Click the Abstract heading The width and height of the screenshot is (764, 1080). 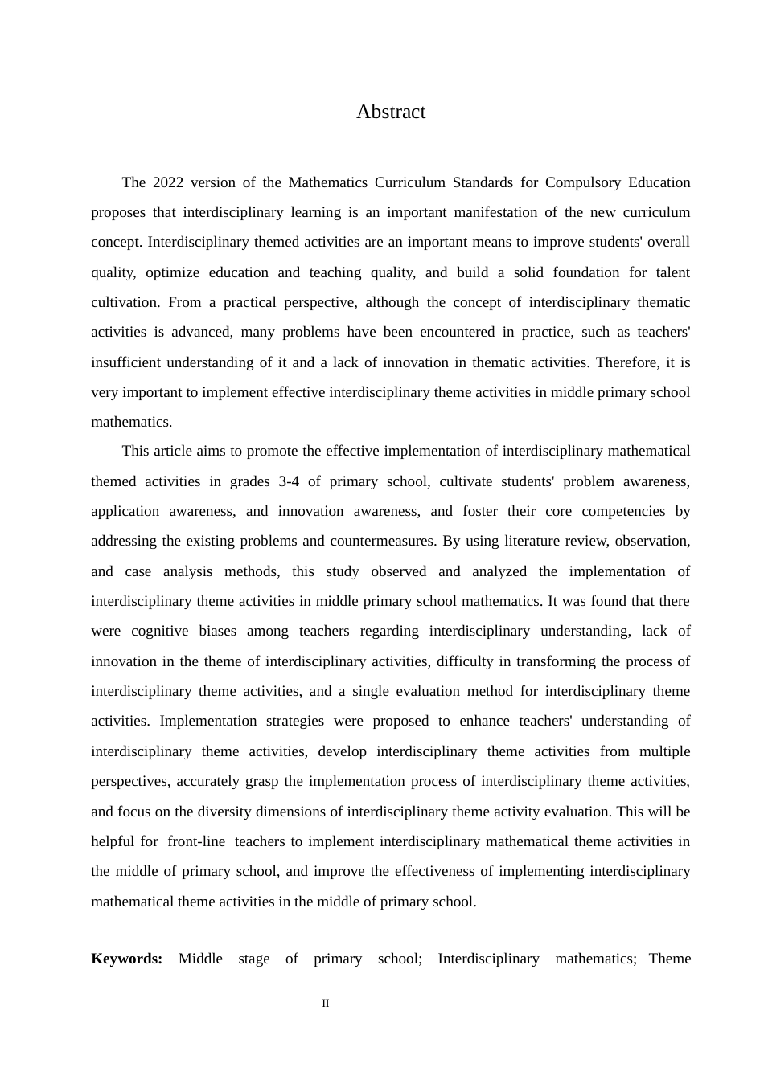(391, 112)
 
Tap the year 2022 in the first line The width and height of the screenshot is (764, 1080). (167, 182)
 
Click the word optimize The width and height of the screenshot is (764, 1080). (172, 272)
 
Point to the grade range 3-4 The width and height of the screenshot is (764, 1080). (288, 481)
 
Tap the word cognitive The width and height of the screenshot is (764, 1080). (160, 631)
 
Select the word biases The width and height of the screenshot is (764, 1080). (218, 631)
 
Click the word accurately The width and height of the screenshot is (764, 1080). (208, 781)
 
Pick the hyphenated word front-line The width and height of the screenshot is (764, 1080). (196, 841)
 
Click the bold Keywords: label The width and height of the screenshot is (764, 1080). (126, 959)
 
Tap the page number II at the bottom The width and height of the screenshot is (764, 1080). (326, 1004)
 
